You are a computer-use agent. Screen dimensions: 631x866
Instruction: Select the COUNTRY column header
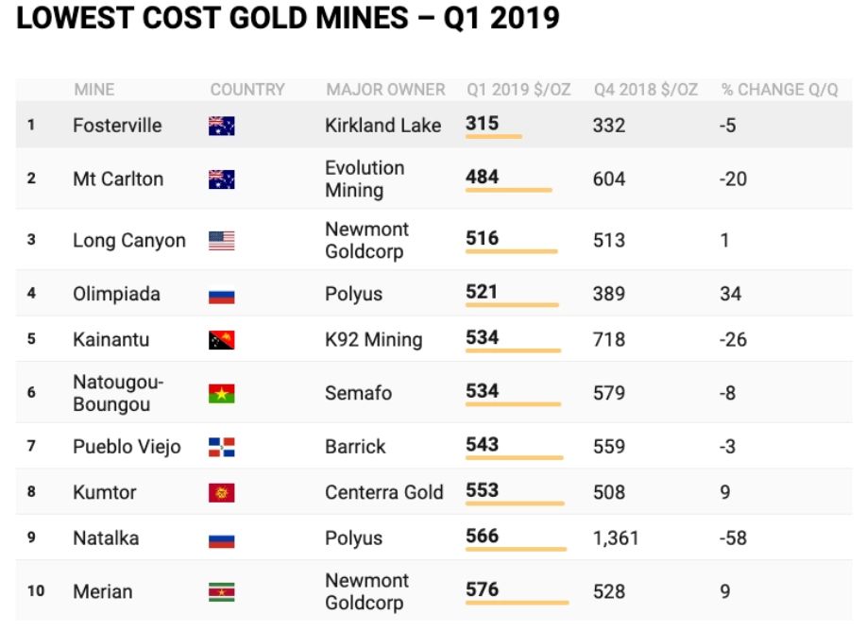pos(247,90)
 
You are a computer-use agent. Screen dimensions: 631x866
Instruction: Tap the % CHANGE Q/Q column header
pos(779,90)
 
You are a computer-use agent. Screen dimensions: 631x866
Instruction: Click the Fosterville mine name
pos(117,125)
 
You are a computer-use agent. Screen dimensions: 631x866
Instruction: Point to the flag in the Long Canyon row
pos(222,241)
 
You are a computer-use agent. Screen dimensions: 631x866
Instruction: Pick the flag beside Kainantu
pos(222,340)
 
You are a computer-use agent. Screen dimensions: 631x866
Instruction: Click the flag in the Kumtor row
pos(222,493)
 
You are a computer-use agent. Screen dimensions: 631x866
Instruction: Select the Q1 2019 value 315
pos(482,124)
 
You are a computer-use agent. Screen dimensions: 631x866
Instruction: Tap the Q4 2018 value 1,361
pos(616,538)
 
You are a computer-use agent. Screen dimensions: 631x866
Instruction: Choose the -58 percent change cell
pos(733,538)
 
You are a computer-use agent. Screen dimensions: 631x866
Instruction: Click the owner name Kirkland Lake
pos(382,125)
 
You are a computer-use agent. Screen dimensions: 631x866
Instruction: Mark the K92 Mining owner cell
pos(373,339)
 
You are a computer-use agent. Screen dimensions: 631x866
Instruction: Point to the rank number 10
pos(36,591)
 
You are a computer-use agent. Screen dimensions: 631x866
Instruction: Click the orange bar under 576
pos(518,602)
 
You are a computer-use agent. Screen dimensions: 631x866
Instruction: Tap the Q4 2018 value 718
pos(609,339)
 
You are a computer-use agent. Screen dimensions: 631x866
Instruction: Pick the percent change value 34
pos(731,294)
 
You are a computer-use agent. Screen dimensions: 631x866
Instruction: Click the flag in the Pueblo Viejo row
pos(222,447)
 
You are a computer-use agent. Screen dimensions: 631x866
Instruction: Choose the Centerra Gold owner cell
pos(383,492)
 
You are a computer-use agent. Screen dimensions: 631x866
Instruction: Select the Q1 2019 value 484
pos(483,177)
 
